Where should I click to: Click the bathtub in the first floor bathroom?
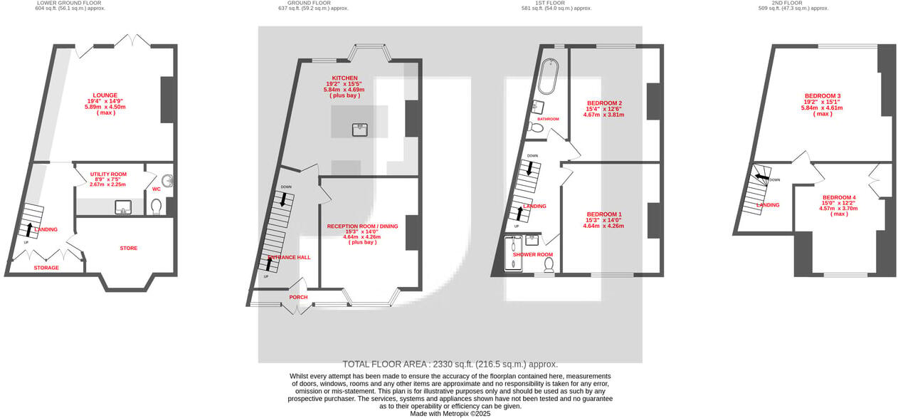[x=548, y=77]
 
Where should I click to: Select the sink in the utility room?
[x=123, y=207]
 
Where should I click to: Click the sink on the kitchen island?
[x=360, y=129]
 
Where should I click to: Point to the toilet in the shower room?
[x=549, y=265]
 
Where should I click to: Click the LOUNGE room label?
[x=105, y=95]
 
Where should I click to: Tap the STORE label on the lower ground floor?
[x=129, y=249]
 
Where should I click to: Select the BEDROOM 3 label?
[x=823, y=96]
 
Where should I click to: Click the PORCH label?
[x=298, y=298]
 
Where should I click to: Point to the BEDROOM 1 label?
[x=604, y=214]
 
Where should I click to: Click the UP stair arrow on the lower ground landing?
[x=30, y=229]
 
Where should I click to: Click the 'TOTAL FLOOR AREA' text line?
[x=450, y=364]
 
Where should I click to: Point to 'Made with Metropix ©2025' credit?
[x=450, y=414]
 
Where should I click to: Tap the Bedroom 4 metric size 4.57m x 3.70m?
[x=840, y=209]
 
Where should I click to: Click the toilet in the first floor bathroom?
[x=537, y=128]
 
